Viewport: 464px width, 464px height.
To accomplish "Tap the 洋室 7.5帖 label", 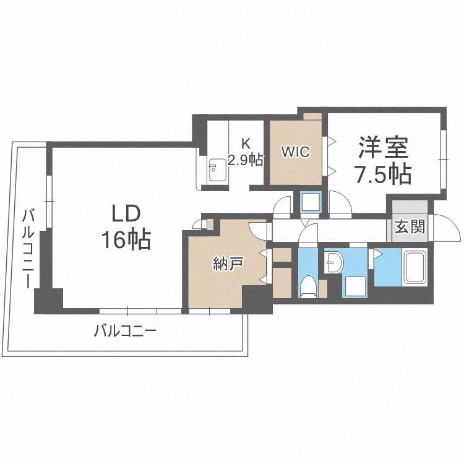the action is [x=383, y=160].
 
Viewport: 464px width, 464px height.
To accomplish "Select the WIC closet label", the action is [x=296, y=152].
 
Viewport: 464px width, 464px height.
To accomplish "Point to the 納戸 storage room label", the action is [x=228, y=264].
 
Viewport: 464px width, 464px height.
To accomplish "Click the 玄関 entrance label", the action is [x=410, y=226].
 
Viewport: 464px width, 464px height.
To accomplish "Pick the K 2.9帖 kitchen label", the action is [x=246, y=153].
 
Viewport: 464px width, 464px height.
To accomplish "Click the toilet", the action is [x=307, y=286].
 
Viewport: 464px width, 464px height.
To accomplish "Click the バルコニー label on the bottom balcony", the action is [x=125, y=331].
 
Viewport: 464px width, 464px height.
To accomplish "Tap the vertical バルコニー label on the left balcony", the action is [x=29, y=249].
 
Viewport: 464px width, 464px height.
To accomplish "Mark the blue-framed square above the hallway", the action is [x=311, y=202].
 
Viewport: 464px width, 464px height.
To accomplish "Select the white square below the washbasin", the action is [x=355, y=287].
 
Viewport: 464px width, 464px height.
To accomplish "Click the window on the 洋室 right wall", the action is [x=443, y=159].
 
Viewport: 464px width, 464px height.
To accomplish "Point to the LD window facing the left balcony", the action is [x=49, y=202].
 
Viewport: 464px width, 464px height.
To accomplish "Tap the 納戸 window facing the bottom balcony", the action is [x=210, y=311].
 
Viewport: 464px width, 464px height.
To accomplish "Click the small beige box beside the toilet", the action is [x=322, y=288].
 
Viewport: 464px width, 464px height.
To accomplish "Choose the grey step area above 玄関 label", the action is [x=410, y=207].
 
